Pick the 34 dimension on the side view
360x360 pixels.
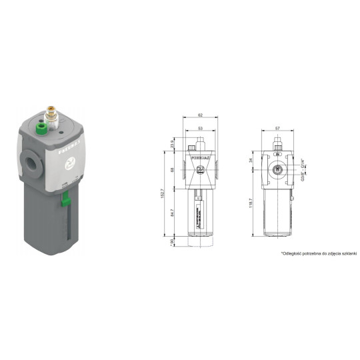(252, 160)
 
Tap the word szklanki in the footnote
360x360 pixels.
(349, 254)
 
